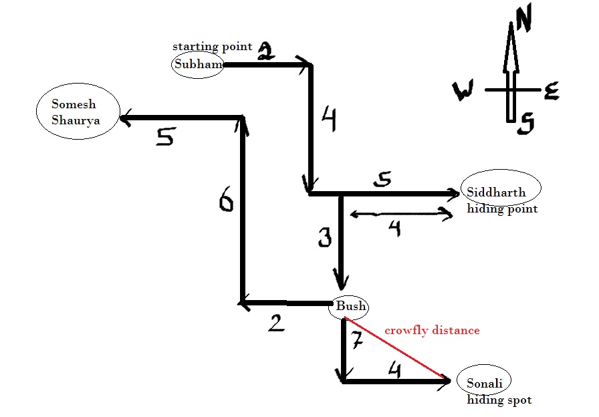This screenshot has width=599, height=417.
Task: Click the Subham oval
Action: click(x=197, y=64)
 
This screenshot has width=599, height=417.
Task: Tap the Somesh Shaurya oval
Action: click(x=78, y=112)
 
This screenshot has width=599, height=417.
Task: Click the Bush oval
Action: click(x=350, y=307)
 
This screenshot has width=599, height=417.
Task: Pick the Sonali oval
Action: click(x=485, y=383)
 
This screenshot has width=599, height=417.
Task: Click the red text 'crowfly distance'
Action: click(x=432, y=330)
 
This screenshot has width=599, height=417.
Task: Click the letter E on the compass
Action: click(x=551, y=92)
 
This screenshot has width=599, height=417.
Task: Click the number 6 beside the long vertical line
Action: click(x=227, y=200)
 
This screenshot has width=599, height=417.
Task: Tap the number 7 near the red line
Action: click(x=356, y=341)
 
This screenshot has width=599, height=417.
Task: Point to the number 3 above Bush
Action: click(x=325, y=238)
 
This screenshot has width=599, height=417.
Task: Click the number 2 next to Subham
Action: click(x=265, y=51)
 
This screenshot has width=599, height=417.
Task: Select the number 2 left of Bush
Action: click(x=275, y=323)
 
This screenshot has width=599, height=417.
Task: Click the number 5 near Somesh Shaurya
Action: click(x=164, y=137)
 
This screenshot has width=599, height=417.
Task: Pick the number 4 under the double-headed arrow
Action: click(x=394, y=229)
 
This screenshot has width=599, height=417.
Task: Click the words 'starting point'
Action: click(x=213, y=47)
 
